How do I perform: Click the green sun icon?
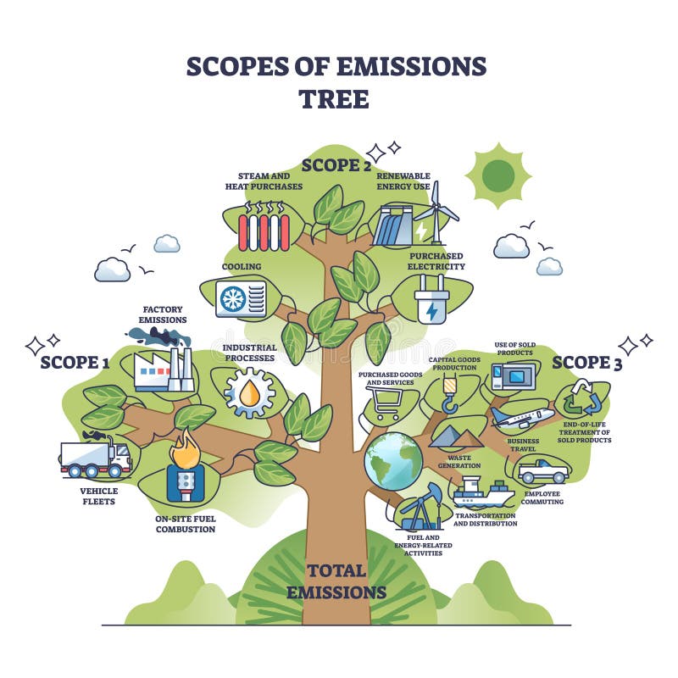click(x=498, y=175)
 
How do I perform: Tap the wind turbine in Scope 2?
click(x=437, y=212)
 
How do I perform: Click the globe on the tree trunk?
click(x=393, y=461)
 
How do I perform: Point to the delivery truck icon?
click(x=96, y=458)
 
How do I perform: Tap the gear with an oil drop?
click(x=249, y=392)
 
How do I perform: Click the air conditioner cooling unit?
click(x=241, y=298)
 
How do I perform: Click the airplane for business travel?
click(x=522, y=418)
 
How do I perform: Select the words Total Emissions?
click(x=336, y=581)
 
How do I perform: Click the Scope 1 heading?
click(x=75, y=363)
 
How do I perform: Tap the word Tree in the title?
click(x=336, y=98)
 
